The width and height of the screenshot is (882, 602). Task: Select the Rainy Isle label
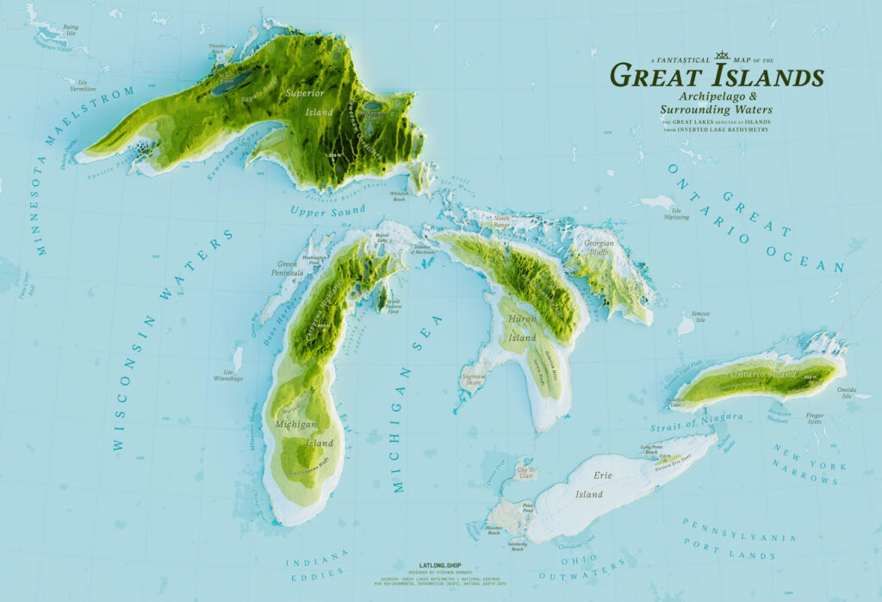click(71, 30)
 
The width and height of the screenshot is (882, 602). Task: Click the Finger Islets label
click(815, 419)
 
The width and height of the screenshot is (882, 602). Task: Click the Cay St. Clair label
click(525, 471)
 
